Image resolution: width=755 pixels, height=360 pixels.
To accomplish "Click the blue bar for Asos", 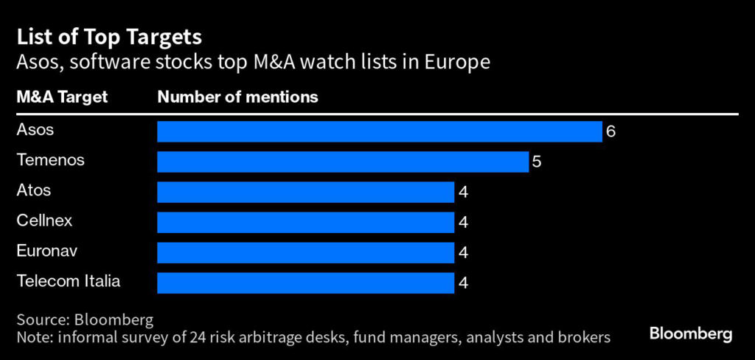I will coord(380,131).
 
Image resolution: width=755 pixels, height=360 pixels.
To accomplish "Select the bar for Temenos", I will coord(343,162).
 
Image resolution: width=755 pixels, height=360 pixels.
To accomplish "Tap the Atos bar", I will coord(305,192).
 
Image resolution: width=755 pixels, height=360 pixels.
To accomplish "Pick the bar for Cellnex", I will coord(305,222).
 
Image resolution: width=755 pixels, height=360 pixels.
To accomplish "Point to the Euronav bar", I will coord(305,252).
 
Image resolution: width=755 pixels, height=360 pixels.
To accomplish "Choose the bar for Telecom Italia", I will coord(305,283).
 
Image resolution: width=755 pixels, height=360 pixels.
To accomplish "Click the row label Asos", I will coord(35,130).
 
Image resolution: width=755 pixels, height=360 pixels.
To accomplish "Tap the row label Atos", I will coord(34,190).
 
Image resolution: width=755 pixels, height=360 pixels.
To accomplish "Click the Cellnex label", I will coord(44,221).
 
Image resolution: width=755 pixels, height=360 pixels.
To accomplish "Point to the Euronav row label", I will coord(46,251).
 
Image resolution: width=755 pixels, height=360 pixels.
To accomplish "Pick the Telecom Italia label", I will coord(68,281).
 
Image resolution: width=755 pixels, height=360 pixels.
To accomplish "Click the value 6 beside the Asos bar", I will coord(610,132).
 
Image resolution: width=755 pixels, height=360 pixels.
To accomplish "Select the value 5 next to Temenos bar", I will coord(537,162).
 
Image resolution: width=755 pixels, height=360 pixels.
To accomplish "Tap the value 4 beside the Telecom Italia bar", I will coord(463,283).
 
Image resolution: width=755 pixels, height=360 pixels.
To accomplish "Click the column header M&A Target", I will coord(62,97).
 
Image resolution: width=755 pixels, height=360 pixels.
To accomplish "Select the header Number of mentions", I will coord(237,97).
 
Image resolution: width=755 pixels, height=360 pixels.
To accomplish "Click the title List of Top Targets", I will coord(110,36).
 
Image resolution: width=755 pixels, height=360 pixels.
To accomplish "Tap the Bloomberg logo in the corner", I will coord(691,334).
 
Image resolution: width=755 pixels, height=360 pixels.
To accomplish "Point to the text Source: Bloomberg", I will coord(85,320).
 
